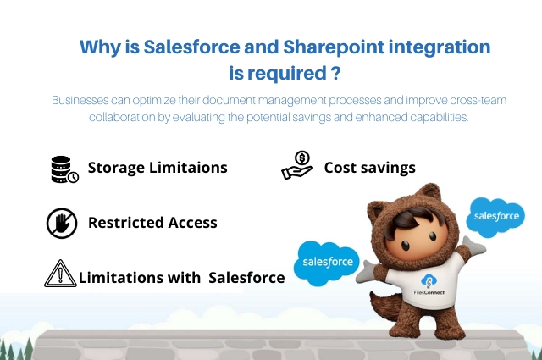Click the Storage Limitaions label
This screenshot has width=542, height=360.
(x=158, y=168)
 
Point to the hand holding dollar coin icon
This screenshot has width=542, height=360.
(x=297, y=166)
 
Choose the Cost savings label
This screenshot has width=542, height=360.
(x=369, y=168)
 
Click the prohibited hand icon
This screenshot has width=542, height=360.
(x=61, y=223)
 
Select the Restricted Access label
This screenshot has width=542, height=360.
(x=152, y=223)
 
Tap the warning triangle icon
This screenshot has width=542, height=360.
(x=59, y=274)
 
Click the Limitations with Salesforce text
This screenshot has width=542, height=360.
(x=181, y=276)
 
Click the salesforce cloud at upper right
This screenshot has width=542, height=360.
(x=496, y=217)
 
